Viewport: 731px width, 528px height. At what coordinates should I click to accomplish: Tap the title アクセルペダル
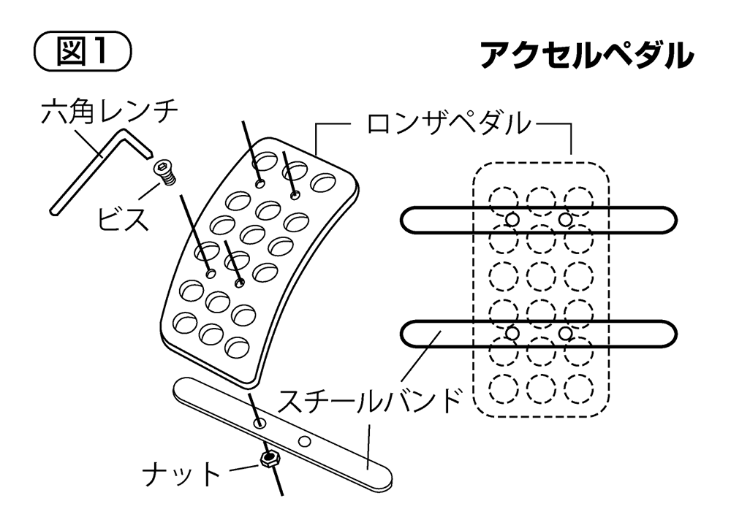(586, 56)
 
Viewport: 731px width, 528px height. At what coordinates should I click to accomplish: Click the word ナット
(181, 475)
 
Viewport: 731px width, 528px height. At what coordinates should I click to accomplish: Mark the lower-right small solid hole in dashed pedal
(566, 333)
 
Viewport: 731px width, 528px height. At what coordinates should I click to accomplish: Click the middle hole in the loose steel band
(305, 441)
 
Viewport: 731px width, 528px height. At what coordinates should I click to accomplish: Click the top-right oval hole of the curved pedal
(322, 182)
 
